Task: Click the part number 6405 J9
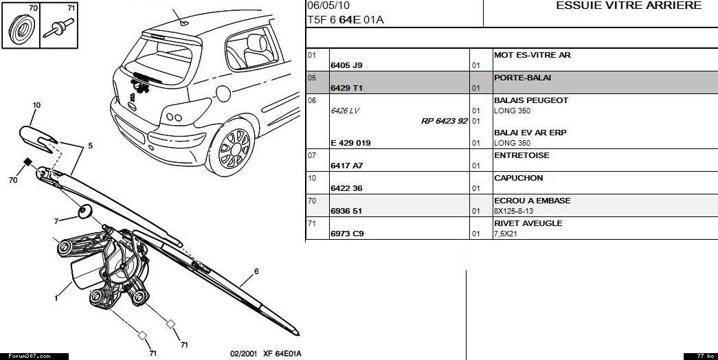click(346, 65)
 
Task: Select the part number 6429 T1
click(346, 88)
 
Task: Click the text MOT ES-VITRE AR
click(532, 55)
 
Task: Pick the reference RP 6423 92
click(445, 121)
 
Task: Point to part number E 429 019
click(350, 143)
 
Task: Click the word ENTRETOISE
click(521, 155)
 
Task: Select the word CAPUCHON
click(518, 178)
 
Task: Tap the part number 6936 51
click(346, 211)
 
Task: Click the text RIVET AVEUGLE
click(528, 223)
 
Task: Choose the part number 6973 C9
click(347, 234)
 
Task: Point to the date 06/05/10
click(324, 6)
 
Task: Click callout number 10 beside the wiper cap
click(36, 105)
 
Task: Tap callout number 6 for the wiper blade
click(256, 271)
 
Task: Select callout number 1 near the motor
click(56, 298)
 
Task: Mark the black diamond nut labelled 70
click(28, 162)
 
